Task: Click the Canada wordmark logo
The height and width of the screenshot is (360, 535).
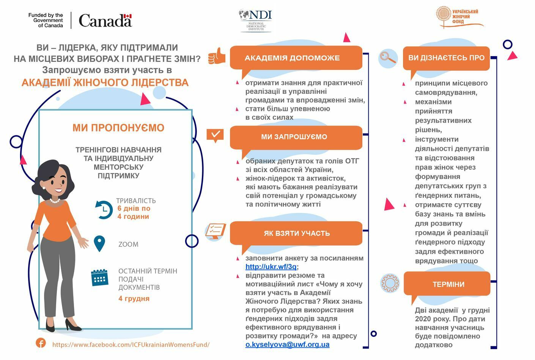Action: [x=105, y=21]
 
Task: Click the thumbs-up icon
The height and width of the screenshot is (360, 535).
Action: [x=217, y=57]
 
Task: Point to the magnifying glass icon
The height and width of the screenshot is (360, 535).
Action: [x=388, y=58]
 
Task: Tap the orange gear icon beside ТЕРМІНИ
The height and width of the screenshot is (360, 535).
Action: [x=390, y=283]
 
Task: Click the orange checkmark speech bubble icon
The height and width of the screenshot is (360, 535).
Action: [x=215, y=135]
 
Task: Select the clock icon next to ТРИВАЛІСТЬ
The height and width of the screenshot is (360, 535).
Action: [x=104, y=209]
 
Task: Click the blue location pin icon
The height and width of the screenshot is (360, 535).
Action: [x=99, y=243]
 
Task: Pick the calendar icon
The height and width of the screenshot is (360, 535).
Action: [x=99, y=278]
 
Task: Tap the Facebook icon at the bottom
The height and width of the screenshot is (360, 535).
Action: [x=41, y=343]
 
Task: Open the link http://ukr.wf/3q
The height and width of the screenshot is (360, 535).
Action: [x=271, y=267]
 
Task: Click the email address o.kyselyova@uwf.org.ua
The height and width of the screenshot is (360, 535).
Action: [x=287, y=344]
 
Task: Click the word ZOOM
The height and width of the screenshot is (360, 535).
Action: [x=128, y=244]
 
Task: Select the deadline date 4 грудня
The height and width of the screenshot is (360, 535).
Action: [x=134, y=298]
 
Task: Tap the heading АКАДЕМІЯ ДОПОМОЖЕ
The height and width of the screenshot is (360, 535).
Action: [x=292, y=58]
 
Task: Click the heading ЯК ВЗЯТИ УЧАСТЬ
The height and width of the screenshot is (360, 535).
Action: [x=297, y=233]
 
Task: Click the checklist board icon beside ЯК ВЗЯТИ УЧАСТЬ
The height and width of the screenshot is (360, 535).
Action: [x=215, y=231]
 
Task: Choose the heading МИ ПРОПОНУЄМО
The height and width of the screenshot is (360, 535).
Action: [x=118, y=128]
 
